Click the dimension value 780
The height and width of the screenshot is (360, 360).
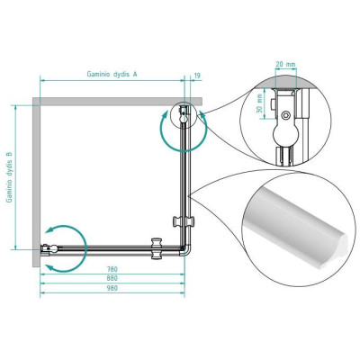click(x=112, y=269)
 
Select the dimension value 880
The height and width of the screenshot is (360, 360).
click(x=112, y=278)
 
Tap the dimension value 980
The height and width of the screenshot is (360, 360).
click(x=112, y=288)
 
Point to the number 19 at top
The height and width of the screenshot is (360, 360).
click(x=197, y=76)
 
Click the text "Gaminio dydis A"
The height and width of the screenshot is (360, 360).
click(x=112, y=74)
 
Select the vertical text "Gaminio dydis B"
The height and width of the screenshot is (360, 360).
click(x=10, y=177)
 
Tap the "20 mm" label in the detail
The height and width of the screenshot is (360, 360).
click(x=285, y=64)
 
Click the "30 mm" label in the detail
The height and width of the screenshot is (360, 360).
click(x=260, y=103)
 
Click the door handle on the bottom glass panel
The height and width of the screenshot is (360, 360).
click(x=157, y=248)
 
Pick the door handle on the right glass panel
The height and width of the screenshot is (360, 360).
click(x=184, y=221)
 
